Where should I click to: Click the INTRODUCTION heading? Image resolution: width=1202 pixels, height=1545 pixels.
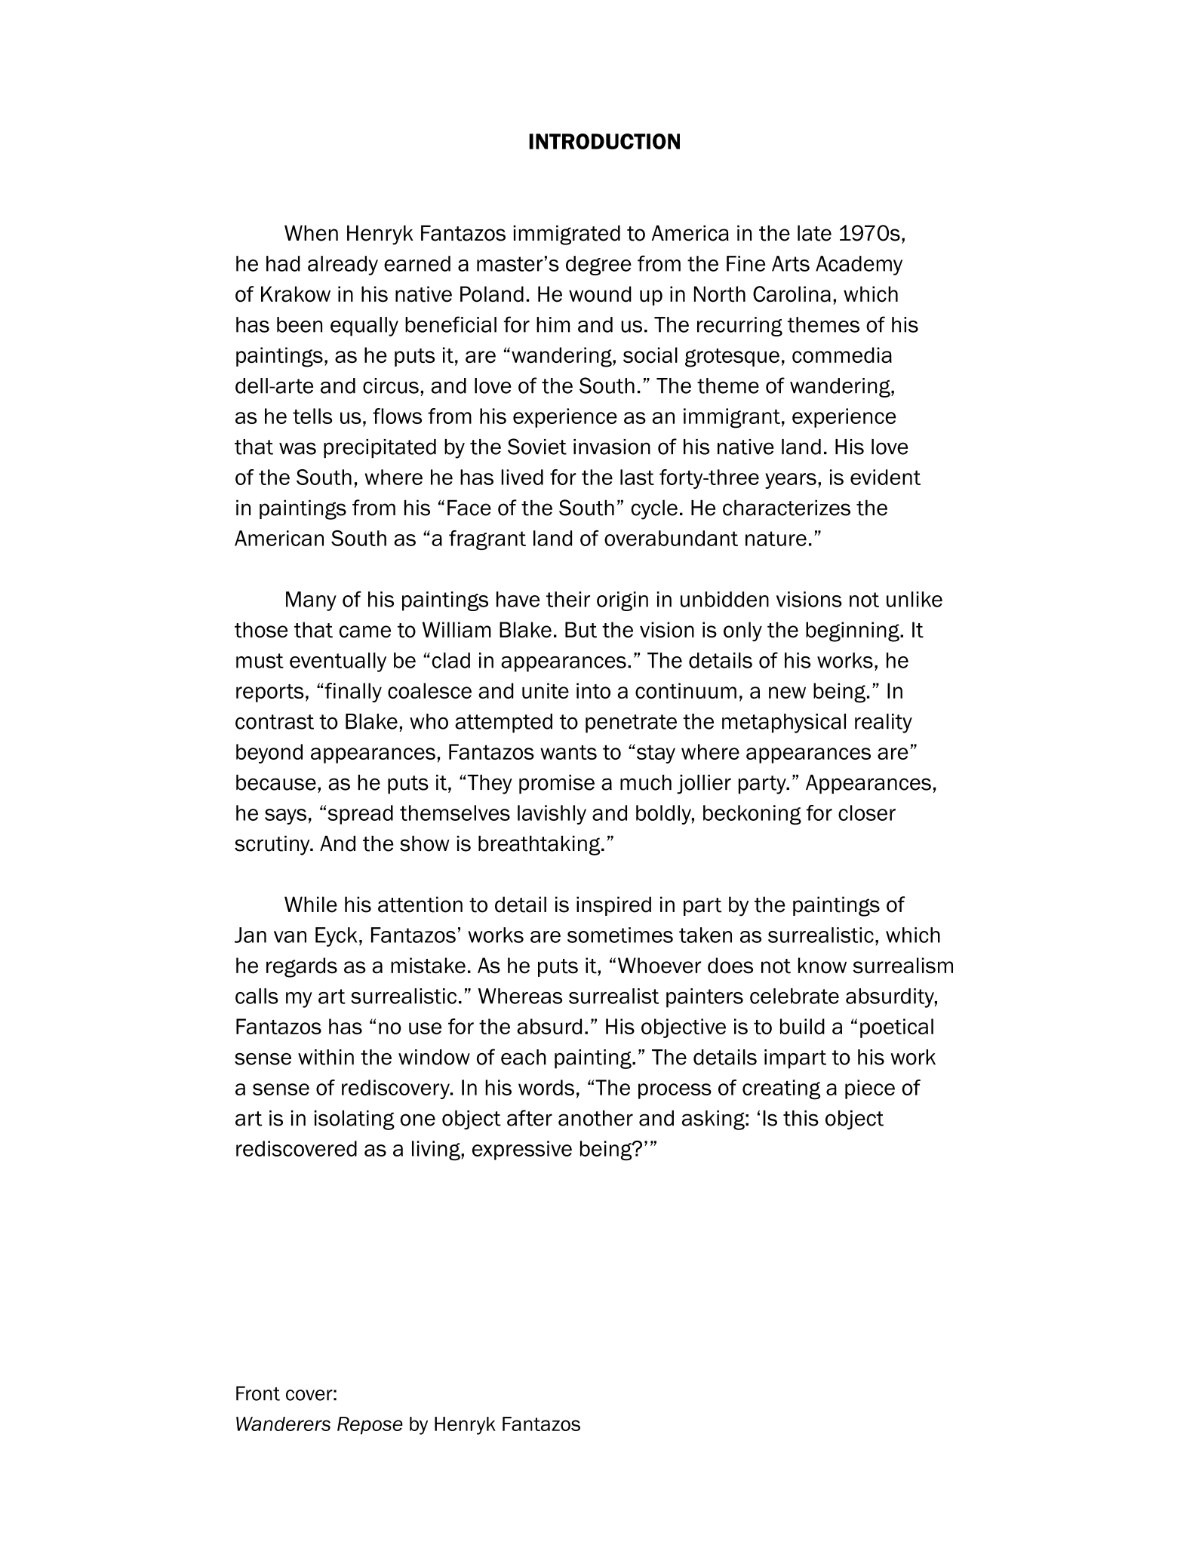pyautogui.click(x=604, y=142)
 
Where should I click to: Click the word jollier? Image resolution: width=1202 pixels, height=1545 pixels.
pyautogui.click(x=721, y=783)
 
